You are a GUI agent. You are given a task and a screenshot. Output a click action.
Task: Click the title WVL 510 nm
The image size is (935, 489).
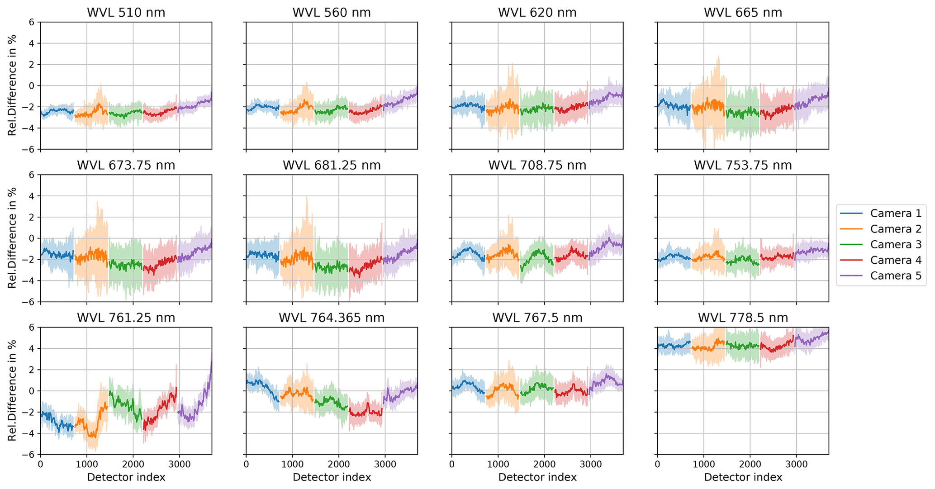126,12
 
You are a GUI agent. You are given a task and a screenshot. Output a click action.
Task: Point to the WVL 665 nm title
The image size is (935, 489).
743,12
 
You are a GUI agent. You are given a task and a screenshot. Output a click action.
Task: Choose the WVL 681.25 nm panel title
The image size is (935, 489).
332,165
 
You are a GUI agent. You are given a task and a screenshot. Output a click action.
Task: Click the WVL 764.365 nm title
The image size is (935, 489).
332,318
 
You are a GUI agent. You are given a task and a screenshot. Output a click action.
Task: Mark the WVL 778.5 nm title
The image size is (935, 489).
743,318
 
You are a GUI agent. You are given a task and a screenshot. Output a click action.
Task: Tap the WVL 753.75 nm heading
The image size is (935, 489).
743,165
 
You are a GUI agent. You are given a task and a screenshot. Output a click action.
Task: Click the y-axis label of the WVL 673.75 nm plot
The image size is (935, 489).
12,238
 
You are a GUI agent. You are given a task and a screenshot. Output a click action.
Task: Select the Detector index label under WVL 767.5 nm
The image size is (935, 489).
537,477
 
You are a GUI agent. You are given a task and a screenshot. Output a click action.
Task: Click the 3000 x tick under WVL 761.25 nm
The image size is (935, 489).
179,464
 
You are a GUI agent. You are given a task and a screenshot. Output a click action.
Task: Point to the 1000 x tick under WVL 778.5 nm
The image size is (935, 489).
703,464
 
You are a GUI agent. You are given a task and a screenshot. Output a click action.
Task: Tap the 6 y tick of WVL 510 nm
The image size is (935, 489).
32,22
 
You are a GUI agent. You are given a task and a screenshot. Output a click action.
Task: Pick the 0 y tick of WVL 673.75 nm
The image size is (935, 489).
32,238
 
